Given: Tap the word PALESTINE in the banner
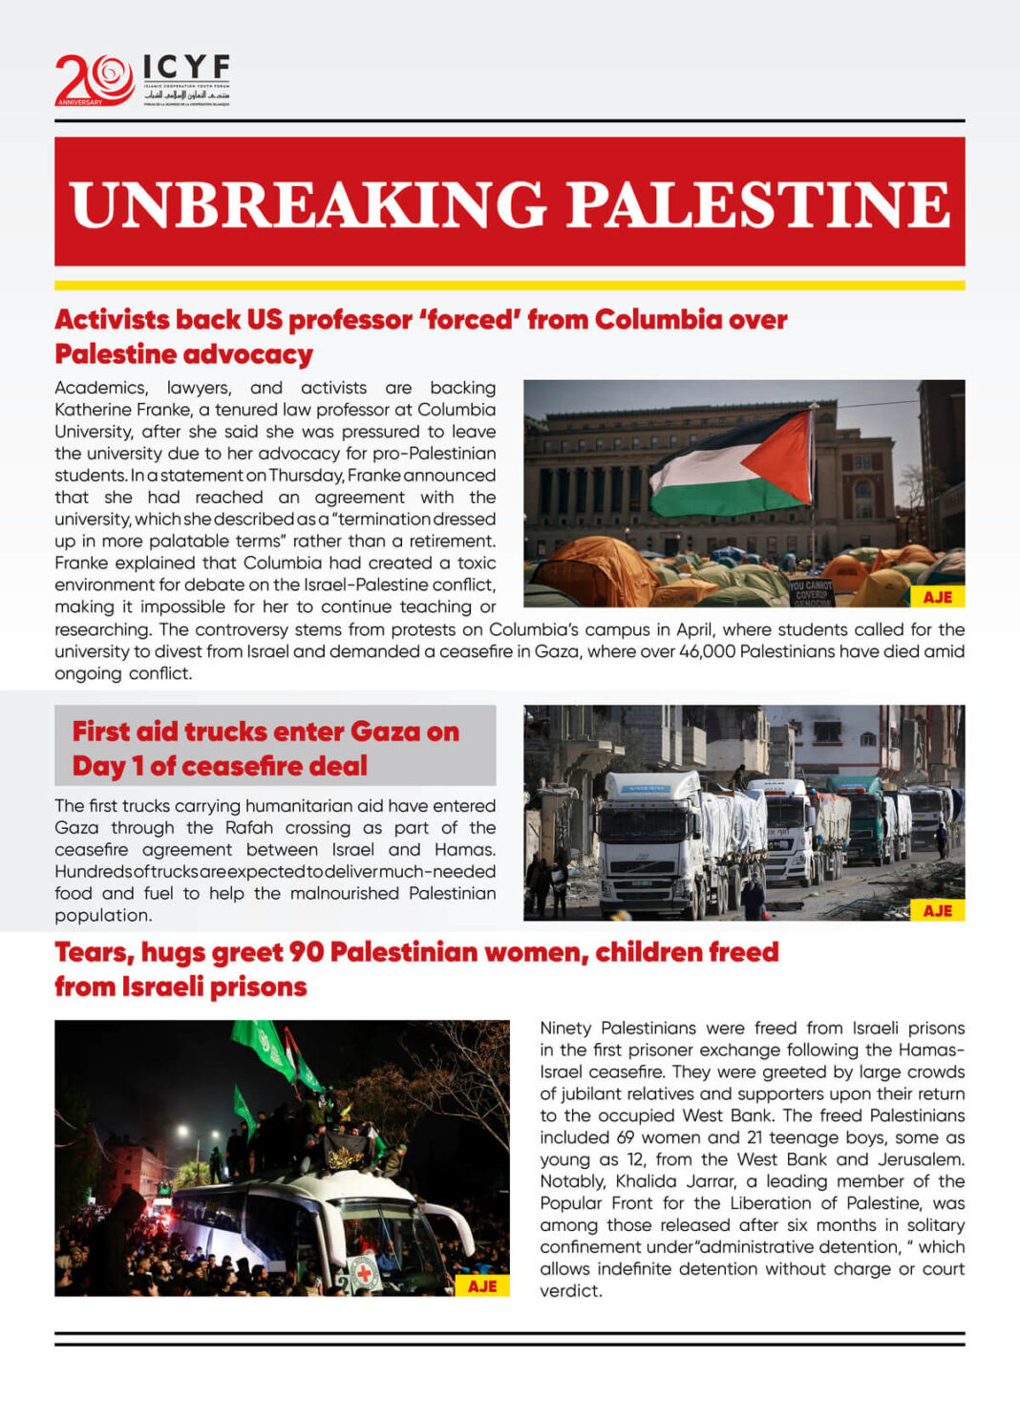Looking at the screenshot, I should [758, 203].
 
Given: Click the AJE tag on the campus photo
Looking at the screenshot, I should [937, 597].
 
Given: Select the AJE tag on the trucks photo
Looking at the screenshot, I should [937, 910].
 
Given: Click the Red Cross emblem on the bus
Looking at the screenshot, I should [363, 1273].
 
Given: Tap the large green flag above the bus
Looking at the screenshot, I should [262, 1046].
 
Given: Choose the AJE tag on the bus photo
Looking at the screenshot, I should [482, 1285].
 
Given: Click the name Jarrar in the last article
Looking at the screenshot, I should [710, 1181].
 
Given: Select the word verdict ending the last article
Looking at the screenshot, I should [570, 1291].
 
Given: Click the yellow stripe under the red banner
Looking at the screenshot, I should [509, 285].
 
